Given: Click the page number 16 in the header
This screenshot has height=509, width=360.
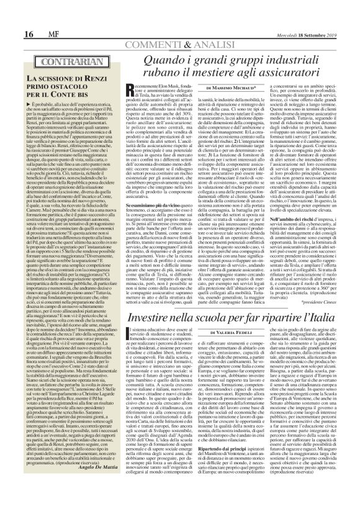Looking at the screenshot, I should click(11, 15).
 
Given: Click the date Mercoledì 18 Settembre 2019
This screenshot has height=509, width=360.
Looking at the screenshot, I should click(320, 16).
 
